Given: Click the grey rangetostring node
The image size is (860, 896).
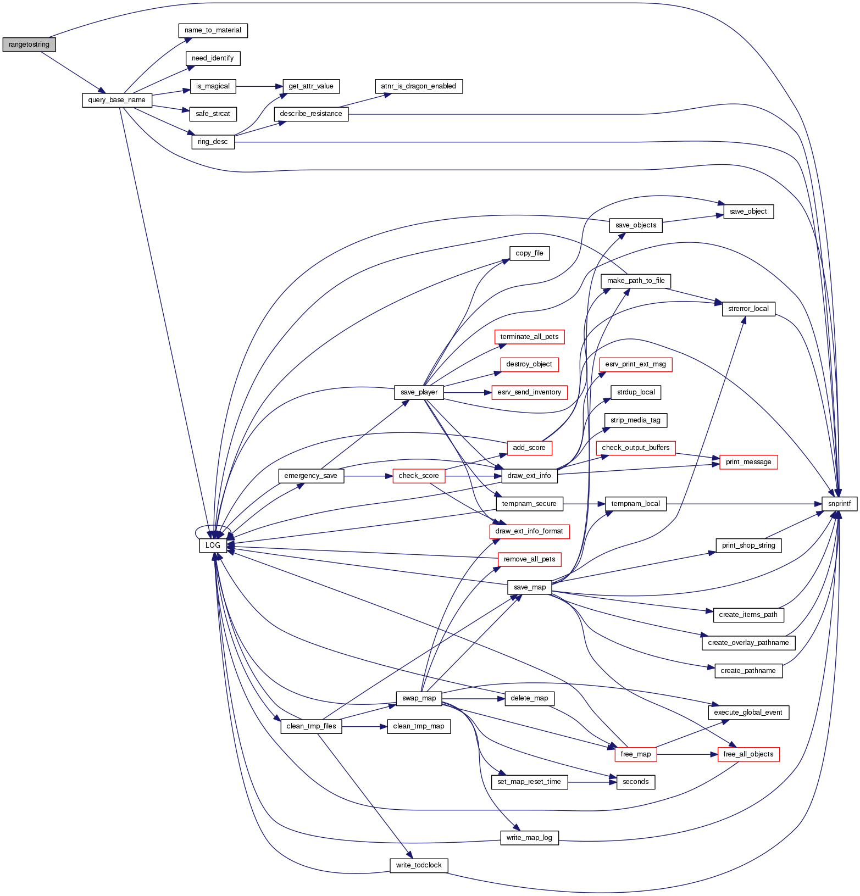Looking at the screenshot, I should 29,44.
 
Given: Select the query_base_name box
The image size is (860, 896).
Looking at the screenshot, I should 116,100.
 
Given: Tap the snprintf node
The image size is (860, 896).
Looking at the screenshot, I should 839,503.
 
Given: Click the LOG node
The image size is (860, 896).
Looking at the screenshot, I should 213,546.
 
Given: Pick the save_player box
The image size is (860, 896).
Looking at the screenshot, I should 419,392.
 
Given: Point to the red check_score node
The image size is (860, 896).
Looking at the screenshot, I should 418,476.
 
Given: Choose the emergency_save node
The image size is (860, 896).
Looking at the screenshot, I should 310,476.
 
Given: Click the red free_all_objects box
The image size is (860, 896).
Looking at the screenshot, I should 748,754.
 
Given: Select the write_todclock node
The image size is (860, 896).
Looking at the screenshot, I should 418,865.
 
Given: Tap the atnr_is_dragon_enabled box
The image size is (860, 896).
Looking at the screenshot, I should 418,86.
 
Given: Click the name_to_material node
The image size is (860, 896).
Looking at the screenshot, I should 213,30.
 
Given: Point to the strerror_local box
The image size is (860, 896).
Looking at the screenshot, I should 748,309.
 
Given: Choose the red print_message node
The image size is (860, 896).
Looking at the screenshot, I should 748,462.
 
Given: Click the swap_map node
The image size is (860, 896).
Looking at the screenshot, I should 419,698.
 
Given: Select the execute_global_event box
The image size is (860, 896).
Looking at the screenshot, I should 748,713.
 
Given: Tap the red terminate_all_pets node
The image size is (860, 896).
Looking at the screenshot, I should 529,337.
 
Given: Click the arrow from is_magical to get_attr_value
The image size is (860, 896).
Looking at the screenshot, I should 258,86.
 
